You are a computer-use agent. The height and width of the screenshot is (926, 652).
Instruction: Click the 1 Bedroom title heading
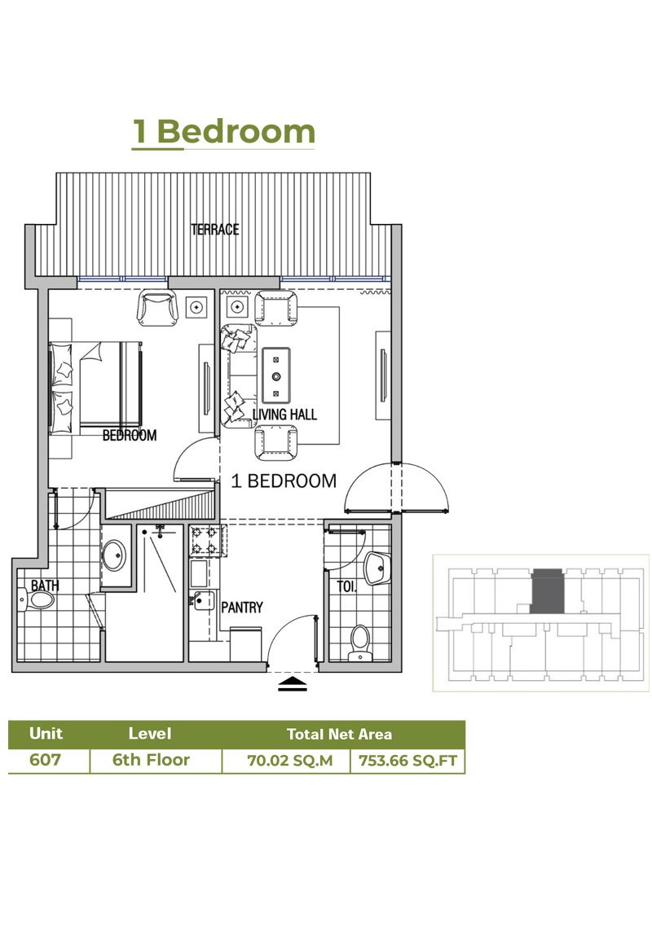(x=224, y=132)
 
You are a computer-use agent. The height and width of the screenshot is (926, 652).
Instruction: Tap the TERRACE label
(x=215, y=230)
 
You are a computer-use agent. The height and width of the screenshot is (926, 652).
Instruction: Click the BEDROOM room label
(x=129, y=436)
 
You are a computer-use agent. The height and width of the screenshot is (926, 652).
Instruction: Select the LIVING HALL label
(x=284, y=415)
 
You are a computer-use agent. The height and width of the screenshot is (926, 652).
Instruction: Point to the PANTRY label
(x=242, y=607)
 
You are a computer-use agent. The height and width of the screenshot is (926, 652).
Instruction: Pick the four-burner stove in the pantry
(x=207, y=541)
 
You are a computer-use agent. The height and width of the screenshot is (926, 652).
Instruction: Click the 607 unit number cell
(x=46, y=761)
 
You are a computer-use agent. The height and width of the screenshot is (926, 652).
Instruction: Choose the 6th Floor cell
(x=151, y=761)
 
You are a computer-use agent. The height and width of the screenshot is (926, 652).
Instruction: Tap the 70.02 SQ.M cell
(x=285, y=761)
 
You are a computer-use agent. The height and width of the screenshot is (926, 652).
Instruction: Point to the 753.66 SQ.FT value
(x=407, y=761)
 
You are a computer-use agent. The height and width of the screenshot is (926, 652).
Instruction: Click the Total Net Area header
(x=339, y=734)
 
